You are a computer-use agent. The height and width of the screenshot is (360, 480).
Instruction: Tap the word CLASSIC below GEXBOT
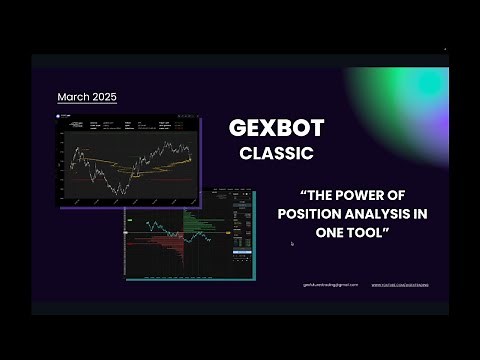(276, 154)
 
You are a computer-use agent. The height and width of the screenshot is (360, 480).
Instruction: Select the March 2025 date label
(87, 97)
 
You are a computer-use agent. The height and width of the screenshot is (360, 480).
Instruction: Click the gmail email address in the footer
(330, 284)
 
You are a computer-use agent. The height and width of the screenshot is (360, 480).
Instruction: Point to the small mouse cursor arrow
(291, 243)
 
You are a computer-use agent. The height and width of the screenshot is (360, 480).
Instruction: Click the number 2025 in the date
(102, 97)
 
